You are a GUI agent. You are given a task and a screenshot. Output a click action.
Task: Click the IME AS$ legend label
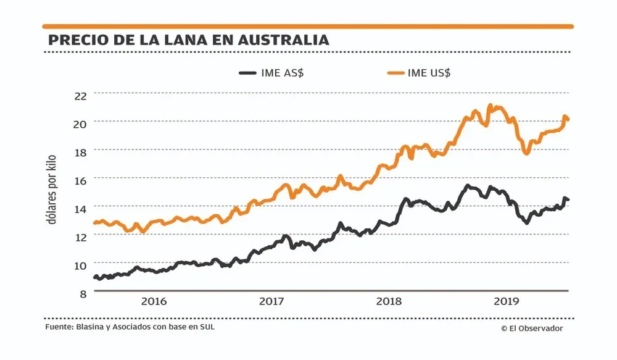point(283,73)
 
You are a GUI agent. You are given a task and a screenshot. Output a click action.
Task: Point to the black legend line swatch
point(247,73)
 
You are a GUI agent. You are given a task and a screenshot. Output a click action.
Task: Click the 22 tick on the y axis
point(81,94)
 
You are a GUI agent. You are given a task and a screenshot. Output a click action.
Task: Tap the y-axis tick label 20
point(81,123)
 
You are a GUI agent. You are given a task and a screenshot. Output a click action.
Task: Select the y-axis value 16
point(81,179)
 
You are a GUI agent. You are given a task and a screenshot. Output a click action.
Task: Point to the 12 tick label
point(81,236)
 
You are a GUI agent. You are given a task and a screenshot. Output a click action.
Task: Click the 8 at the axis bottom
point(83,293)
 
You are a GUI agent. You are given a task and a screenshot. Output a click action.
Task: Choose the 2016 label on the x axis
point(154,302)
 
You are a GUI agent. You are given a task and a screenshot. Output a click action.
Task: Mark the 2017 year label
point(271,302)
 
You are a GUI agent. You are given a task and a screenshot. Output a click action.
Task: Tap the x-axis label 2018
point(389,302)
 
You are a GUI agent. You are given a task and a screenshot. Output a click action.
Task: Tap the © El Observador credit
point(531,329)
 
